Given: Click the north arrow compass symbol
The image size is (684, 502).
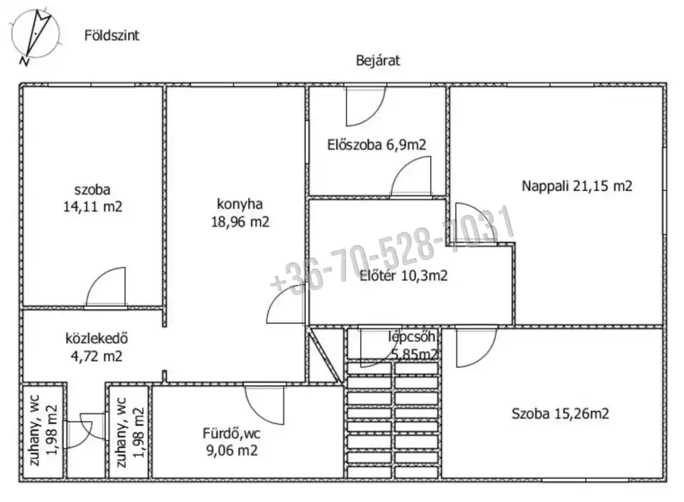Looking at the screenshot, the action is pyautogui.click(x=35, y=35).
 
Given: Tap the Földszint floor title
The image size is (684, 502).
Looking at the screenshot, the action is pyautogui.click(x=111, y=36).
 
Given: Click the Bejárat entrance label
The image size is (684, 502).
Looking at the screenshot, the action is pyautogui.click(x=378, y=60).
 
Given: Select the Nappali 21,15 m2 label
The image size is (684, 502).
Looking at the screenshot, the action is pyautogui.click(x=577, y=186).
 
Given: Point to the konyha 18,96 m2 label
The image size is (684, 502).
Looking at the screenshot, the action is pyautogui.click(x=240, y=213).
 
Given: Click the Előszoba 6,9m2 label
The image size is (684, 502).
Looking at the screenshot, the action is pyautogui.click(x=376, y=145).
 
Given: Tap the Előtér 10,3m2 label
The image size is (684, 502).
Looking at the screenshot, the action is pyautogui.click(x=404, y=276).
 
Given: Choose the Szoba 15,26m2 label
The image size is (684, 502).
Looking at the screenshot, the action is pyautogui.click(x=560, y=413).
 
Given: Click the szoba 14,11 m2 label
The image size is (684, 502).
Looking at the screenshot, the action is pyautogui.click(x=92, y=198).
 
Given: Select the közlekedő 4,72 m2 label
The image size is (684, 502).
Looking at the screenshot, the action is pyautogui.click(x=96, y=347).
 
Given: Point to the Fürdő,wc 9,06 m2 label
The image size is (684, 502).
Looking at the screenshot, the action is pyautogui.click(x=232, y=442).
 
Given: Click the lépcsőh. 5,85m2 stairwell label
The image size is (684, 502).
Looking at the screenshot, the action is pyautogui.click(x=413, y=346).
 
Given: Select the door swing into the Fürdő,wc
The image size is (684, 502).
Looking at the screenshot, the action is pyautogui.click(x=264, y=405).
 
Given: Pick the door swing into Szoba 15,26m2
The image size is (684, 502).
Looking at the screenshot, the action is pyautogui.click(x=476, y=347).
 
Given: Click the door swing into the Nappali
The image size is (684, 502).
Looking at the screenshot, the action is pyautogui.click(x=475, y=223).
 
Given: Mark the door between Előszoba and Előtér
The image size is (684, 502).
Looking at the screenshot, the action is pyautogui.click(x=410, y=176).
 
